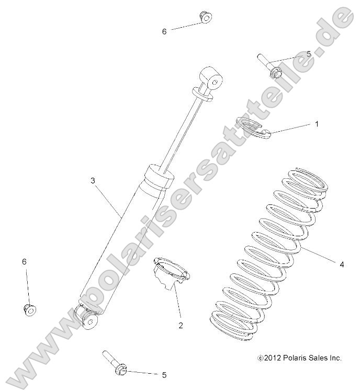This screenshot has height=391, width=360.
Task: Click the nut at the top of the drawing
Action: tap(205, 17)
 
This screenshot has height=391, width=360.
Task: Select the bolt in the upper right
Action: tap(269, 66)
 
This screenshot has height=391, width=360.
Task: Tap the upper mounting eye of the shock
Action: tap(211, 79)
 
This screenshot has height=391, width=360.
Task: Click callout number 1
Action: tap(317, 124)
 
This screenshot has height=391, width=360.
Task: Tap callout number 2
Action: tap(181, 326)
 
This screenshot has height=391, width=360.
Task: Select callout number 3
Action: tap(93, 181)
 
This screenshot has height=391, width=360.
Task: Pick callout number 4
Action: tap(342, 264)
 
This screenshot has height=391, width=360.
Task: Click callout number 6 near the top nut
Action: tap(164, 31)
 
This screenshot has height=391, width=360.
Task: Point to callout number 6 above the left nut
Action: tap(24, 261)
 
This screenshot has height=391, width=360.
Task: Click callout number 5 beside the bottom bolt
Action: tap(164, 375)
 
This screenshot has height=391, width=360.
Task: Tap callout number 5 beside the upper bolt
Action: tap(309, 54)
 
